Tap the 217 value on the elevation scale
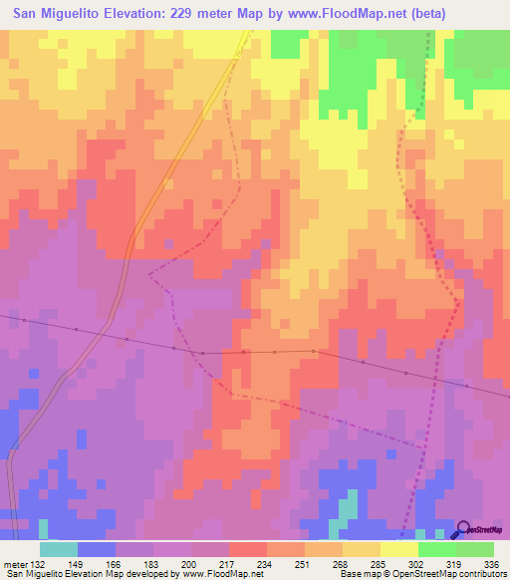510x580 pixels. [228, 564]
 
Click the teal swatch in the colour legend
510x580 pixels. [59, 549]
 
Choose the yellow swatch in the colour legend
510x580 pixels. [399, 549]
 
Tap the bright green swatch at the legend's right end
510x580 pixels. [475, 549]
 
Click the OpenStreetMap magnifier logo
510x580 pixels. [464, 529]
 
